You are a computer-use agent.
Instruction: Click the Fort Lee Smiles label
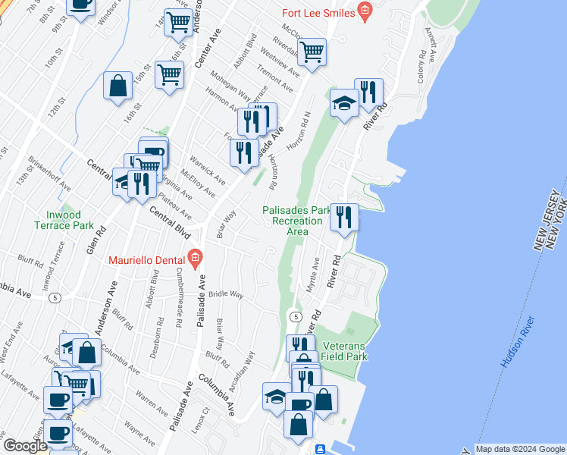[319, 12]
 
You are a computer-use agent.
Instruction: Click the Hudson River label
[518, 343]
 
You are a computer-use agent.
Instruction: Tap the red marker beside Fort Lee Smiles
[365, 11]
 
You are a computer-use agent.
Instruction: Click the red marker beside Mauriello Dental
[195, 259]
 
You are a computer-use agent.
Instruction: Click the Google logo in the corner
[25, 446]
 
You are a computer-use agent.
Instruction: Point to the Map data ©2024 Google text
[519, 449]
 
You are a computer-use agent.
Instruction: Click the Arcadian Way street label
[249, 365]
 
